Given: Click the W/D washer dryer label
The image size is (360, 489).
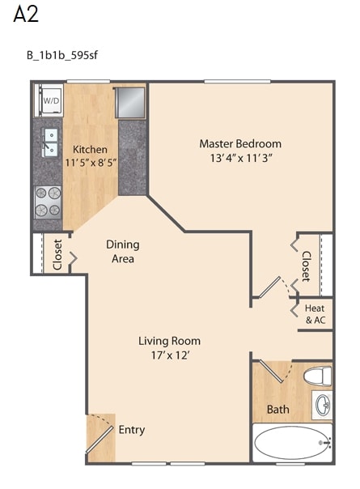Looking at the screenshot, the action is (51, 100).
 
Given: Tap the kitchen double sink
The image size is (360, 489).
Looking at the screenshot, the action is (50, 142).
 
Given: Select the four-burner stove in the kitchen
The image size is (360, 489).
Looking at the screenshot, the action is (48, 202).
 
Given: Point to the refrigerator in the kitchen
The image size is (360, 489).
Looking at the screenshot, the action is (130, 103).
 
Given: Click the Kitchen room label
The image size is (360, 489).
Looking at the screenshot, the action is (90, 150).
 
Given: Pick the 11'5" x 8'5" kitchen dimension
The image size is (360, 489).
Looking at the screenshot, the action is (91, 163).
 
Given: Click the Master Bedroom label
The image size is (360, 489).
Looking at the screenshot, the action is (240, 144).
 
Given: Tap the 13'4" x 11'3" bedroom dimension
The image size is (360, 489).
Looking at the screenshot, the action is (241, 158).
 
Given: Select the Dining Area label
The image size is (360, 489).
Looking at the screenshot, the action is (123, 251).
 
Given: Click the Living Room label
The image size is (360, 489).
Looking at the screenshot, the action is (169, 341).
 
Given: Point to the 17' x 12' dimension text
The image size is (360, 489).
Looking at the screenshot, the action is (170, 355).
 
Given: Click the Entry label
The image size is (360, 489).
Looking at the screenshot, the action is (132, 430).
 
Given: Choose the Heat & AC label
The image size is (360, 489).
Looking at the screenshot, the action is (316, 314).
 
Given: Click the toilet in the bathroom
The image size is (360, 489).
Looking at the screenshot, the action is (318, 376).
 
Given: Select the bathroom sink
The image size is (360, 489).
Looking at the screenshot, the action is (322, 405).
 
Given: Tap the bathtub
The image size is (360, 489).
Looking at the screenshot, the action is (293, 443).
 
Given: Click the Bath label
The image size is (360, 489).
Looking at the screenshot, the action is (278, 409).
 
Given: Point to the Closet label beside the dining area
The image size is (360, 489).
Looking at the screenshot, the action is (58, 254).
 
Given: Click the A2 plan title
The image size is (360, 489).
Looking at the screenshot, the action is (26, 14).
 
